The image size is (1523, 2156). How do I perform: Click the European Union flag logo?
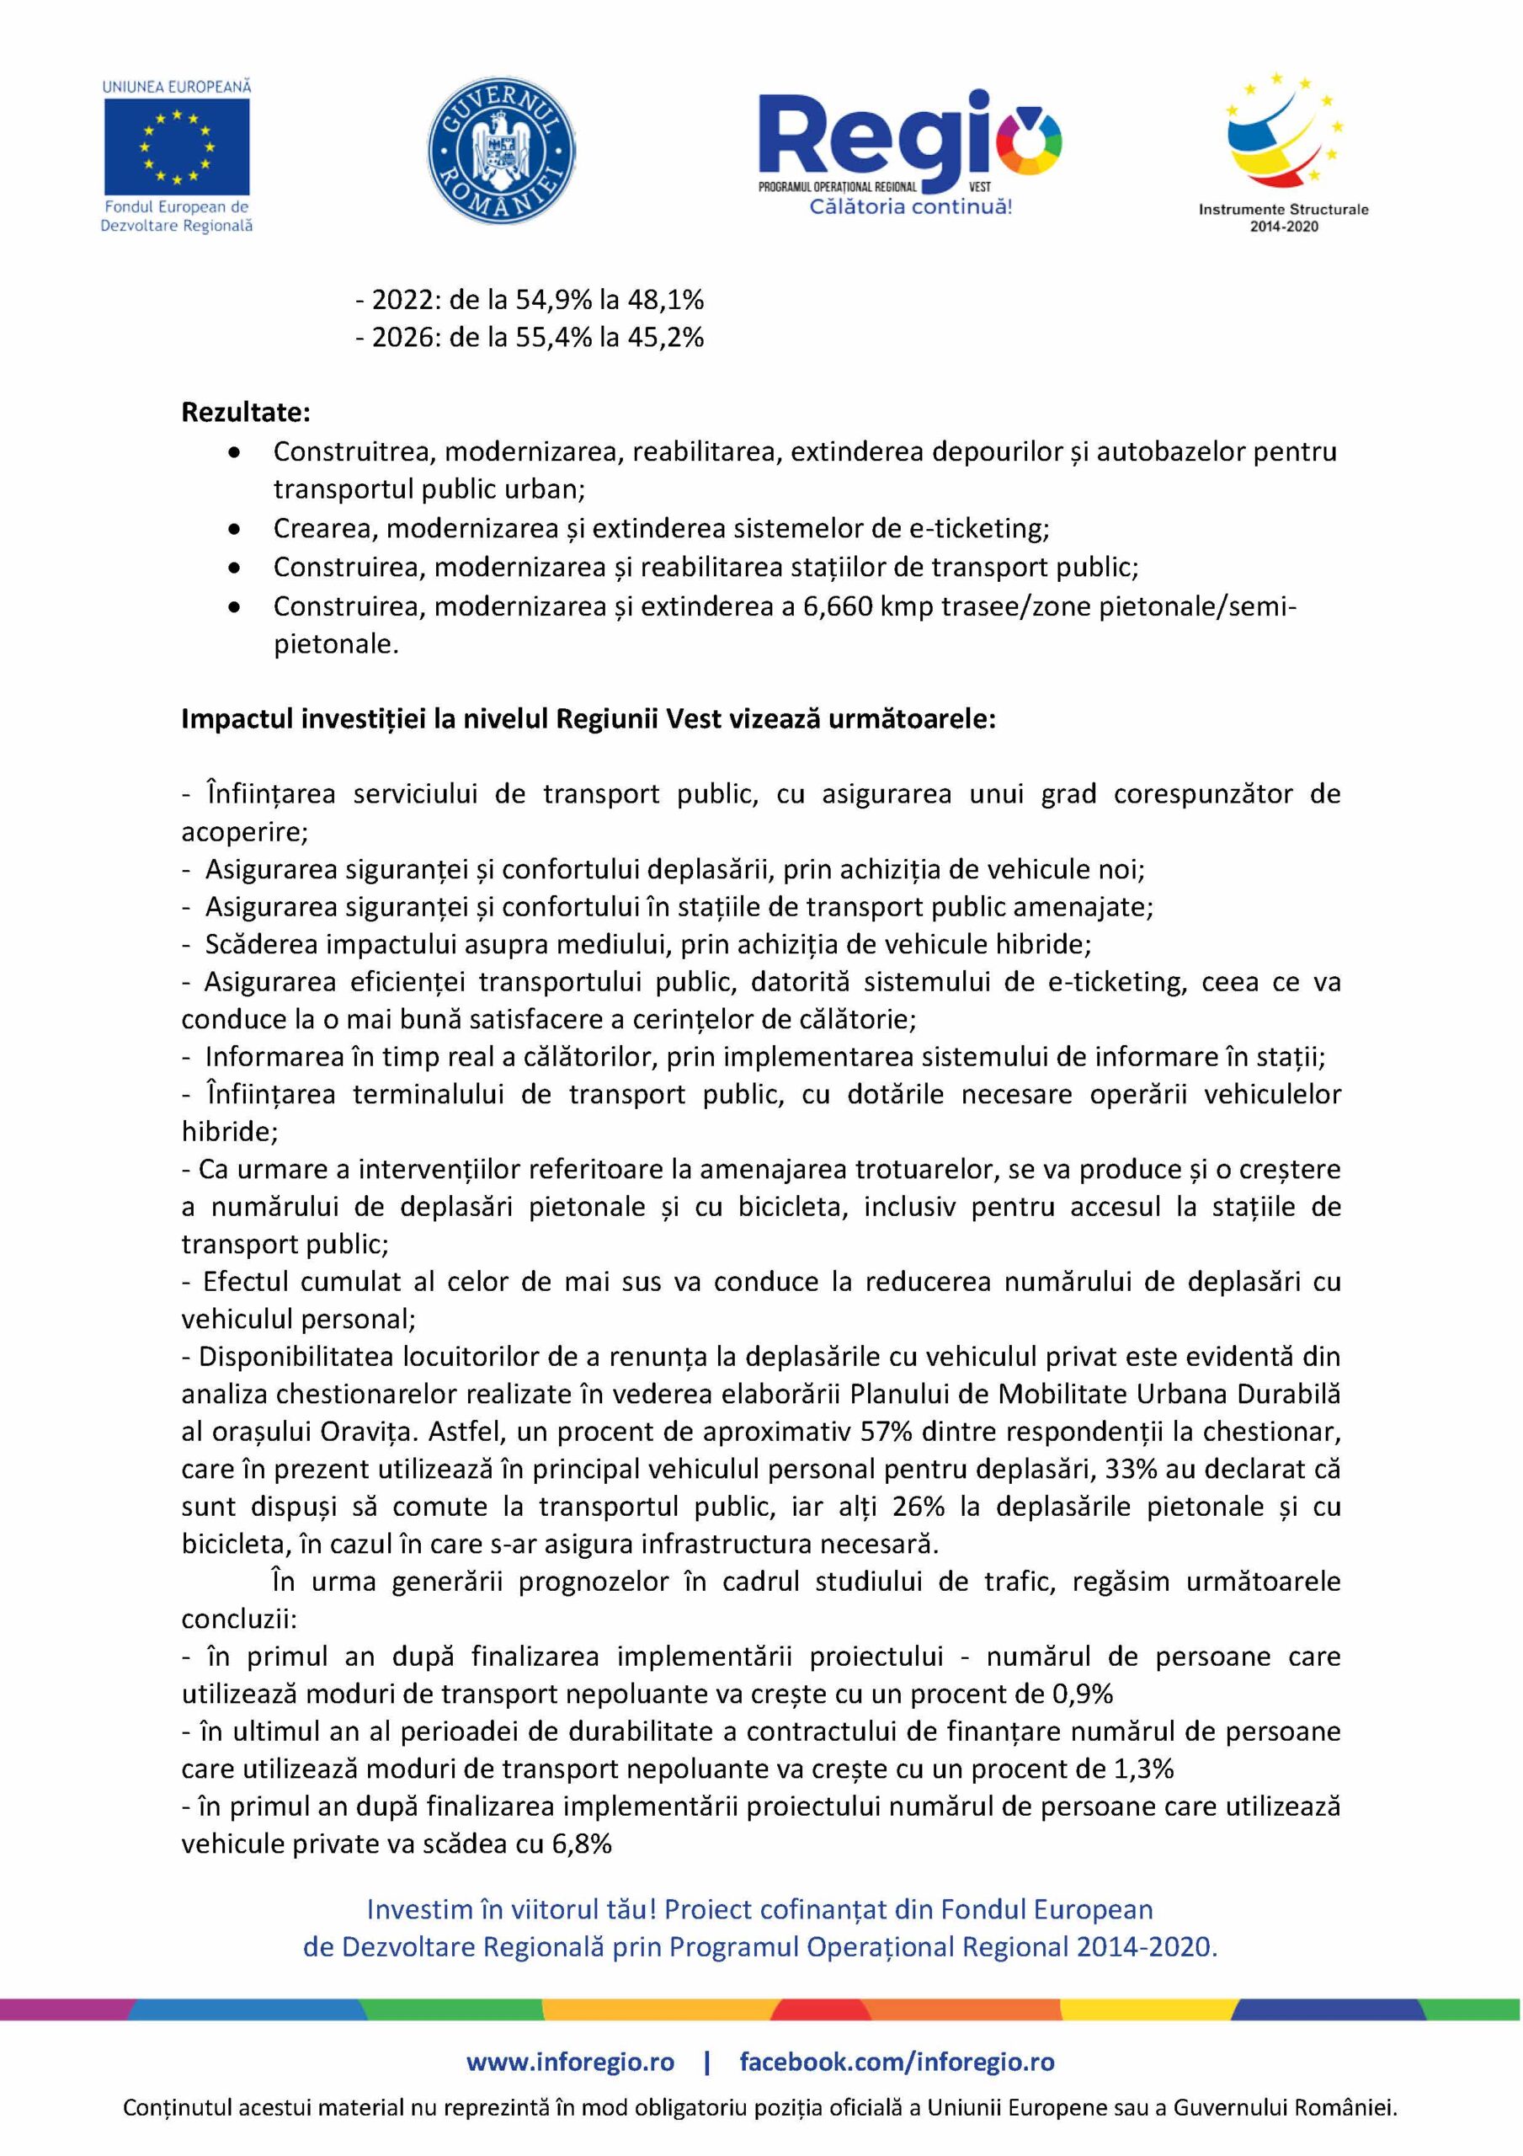pos(177,146)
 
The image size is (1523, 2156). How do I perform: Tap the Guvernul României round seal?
pos(502,152)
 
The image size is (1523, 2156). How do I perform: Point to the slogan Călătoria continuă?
pos(911,206)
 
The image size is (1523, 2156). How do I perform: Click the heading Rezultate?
pos(246,412)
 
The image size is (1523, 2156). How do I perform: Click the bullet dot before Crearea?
pos(235,530)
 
